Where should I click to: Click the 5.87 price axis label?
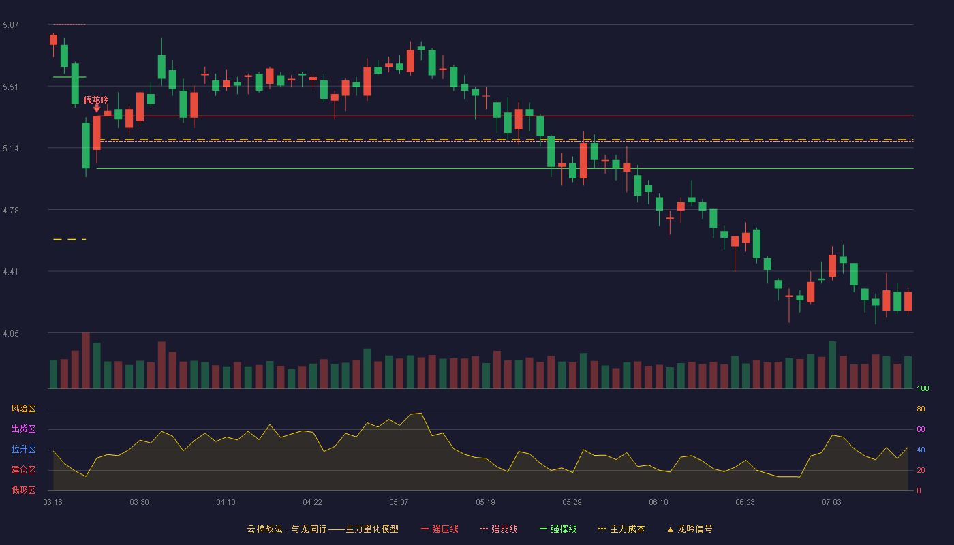point(11,25)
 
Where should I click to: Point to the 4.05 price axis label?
point(11,334)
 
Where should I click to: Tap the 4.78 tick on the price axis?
point(11,211)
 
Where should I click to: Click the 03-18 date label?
point(53,503)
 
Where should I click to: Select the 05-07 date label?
point(399,503)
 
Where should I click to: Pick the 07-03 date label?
point(831,503)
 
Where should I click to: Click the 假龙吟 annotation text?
point(96,99)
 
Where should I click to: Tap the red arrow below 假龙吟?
point(97,108)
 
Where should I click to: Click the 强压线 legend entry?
point(440,529)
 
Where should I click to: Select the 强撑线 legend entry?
point(558,529)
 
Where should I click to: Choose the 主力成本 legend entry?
point(621,529)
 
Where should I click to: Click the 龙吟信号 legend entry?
point(690,529)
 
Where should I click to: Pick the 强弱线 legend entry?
point(499,529)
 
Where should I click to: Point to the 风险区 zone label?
point(23,409)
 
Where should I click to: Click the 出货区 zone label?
point(23,429)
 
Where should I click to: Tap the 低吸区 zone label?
point(23,490)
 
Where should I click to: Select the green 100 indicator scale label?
point(923,388)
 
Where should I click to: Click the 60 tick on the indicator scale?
point(921,429)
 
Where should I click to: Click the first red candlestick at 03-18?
point(53,40)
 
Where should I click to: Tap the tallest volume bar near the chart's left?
point(86,360)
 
